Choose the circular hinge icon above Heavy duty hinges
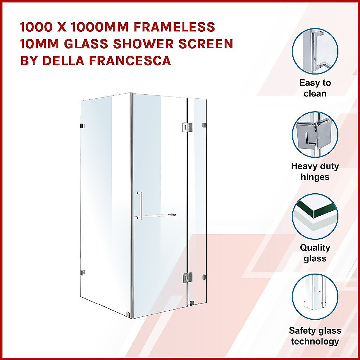(x=315, y=135)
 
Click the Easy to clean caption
(x=315, y=88)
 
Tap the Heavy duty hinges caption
(x=315, y=172)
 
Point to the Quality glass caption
(x=315, y=253)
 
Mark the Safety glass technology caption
(x=315, y=336)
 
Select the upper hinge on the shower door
(x=187, y=126)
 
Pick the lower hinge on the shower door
(x=187, y=277)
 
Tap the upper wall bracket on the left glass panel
(x=82, y=126)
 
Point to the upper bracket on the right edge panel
(x=204, y=125)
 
